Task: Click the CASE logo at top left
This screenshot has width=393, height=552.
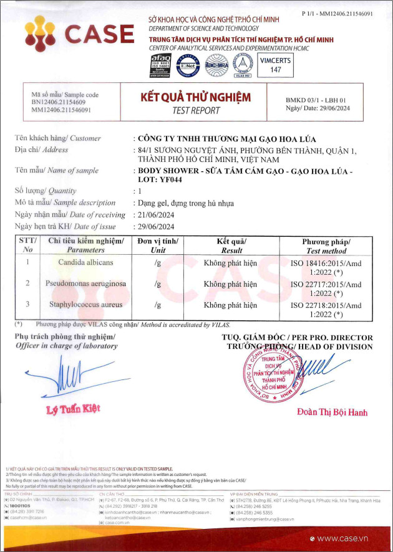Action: tap(79, 34)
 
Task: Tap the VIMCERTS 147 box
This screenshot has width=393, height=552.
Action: tap(276, 65)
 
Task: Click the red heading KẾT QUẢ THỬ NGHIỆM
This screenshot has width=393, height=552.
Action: tap(196, 98)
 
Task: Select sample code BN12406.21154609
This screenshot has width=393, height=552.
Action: tap(59, 102)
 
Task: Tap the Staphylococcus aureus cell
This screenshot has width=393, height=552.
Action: tap(86, 305)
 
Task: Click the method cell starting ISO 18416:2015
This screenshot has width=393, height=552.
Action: tap(326, 267)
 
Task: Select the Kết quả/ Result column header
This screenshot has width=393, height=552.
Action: tap(231, 245)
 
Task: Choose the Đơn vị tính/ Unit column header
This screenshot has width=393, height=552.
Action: tap(158, 245)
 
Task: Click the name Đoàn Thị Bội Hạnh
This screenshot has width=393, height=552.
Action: tap(332, 412)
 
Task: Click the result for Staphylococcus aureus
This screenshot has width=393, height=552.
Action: tap(230, 305)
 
